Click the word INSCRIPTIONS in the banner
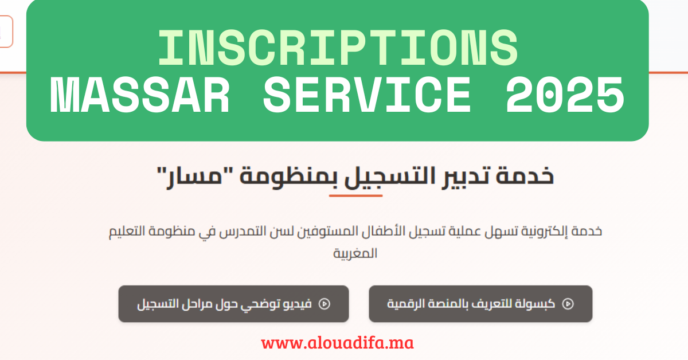click(x=338, y=48)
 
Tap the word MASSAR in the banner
click(x=140, y=95)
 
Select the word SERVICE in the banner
click(x=367, y=95)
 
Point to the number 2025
click(x=565, y=95)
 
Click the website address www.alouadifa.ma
click(x=337, y=343)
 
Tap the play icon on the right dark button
click(x=568, y=304)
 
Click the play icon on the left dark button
click(x=325, y=304)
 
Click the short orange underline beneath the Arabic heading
click(x=355, y=195)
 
